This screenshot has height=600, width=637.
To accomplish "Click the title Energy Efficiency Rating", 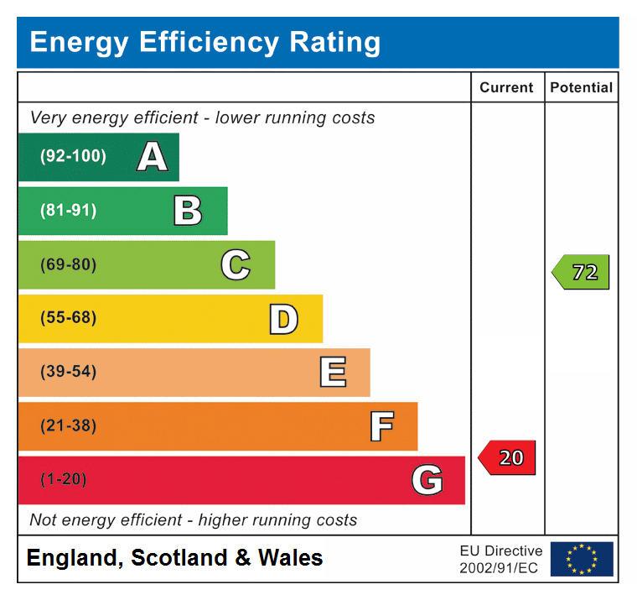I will [205, 42].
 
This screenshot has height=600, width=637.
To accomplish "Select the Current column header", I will [506, 87].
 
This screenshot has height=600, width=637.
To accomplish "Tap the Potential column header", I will [582, 87].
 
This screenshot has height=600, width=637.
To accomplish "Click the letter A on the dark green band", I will [152, 157].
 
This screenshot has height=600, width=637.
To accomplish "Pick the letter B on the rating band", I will [188, 211].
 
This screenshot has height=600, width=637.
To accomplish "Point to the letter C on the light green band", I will [236, 265].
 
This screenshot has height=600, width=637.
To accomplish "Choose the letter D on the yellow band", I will [283, 319].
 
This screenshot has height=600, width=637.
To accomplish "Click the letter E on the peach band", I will [333, 373].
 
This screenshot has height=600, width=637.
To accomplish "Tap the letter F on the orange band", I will [381, 426].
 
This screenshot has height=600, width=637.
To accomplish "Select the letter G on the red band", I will [427, 480].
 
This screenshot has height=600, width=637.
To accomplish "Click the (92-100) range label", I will [73, 157].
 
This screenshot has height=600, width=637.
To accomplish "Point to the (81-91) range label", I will [68, 211].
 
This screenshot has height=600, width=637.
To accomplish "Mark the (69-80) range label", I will [68, 265].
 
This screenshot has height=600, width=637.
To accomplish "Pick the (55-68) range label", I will [68, 319].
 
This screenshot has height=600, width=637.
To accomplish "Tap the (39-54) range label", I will [68, 373].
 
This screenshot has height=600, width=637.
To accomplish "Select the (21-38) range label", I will [68, 426].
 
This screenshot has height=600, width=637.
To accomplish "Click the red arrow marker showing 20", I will [507, 458].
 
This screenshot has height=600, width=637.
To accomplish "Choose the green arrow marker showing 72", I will [581, 273].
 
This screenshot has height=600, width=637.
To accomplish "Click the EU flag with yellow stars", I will [582, 559].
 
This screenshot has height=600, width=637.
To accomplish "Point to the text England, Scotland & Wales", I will [174, 558].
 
